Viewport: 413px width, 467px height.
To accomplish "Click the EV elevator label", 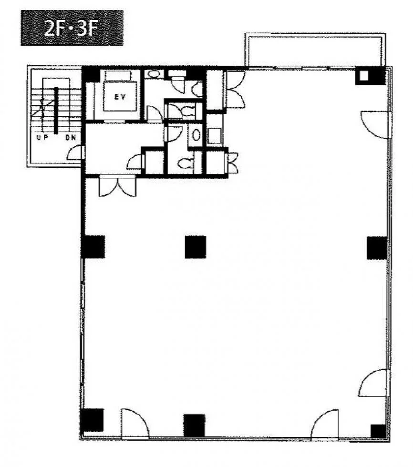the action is click(120, 96).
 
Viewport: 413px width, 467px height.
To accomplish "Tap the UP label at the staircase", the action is click(42, 137).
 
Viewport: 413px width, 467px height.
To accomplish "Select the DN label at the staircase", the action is click(71, 138).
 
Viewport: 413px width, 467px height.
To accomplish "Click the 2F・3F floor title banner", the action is click(72, 28).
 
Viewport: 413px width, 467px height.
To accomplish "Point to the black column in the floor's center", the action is click(196, 247).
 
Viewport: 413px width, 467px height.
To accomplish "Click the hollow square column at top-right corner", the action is click(364, 76).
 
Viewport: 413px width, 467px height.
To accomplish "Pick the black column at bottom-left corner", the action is click(93, 420).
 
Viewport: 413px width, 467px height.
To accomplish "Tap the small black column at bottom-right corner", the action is click(378, 431).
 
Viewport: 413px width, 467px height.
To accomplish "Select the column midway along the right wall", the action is click(377, 248).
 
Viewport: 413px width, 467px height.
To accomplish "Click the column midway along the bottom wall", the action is click(194, 425).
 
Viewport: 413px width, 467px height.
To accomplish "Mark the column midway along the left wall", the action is click(93, 247).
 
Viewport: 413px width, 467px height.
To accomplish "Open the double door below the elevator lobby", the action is click(118, 186).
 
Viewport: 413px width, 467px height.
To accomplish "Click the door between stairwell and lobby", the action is click(75, 153).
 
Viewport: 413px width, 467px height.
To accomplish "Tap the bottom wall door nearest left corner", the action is click(134, 423).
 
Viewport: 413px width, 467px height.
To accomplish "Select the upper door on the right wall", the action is click(375, 125).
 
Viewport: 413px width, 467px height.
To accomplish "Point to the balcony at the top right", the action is click(315, 50).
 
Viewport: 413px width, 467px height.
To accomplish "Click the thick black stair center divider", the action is click(56, 111).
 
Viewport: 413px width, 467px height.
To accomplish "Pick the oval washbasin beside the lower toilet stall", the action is click(196, 135).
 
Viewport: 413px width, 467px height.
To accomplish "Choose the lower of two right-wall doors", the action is click(374, 383).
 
